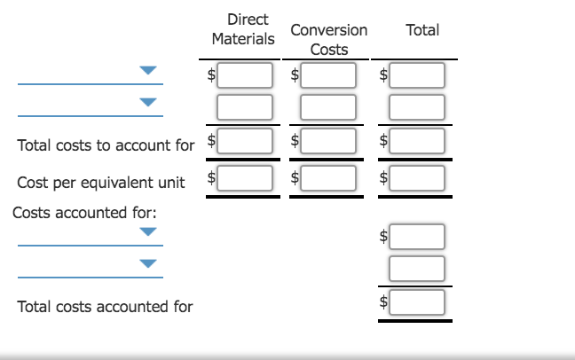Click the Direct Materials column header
pos(243,29)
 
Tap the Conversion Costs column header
pos(328,40)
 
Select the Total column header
pos(421,29)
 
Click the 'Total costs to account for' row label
pos(106,145)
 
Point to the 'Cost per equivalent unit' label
pos(101,183)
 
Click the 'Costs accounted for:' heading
pos(71,213)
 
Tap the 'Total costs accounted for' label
pos(105,306)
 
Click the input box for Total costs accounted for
pos(417,301)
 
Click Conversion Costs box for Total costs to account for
pos(328,141)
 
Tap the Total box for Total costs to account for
pos(417,141)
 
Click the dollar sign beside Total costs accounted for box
pos(383,301)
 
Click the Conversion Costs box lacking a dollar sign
pos(328,108)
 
